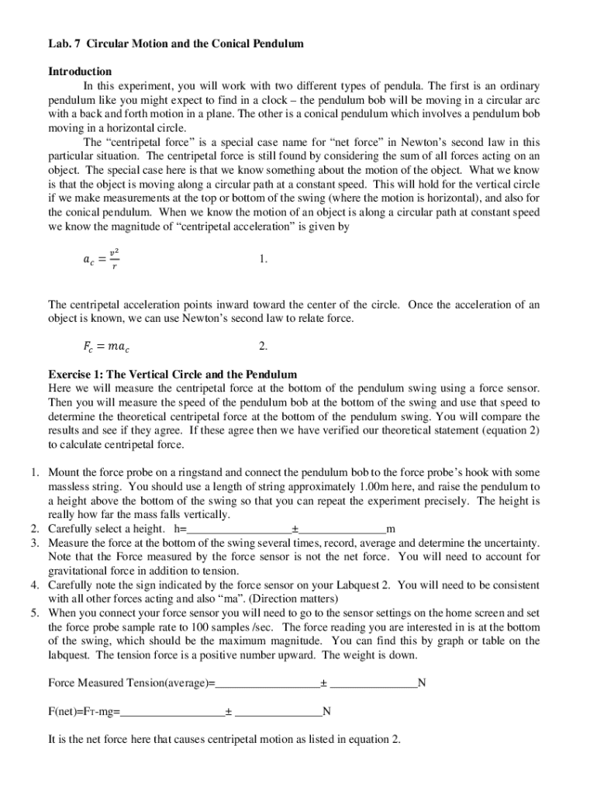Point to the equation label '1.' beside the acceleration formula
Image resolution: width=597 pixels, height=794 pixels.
coord(264,260)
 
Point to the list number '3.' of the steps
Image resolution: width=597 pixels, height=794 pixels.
coord(36,543)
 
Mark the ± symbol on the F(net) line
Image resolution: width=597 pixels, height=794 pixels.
coord(229,711)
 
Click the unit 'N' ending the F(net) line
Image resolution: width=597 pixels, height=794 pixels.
coord(327,711)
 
